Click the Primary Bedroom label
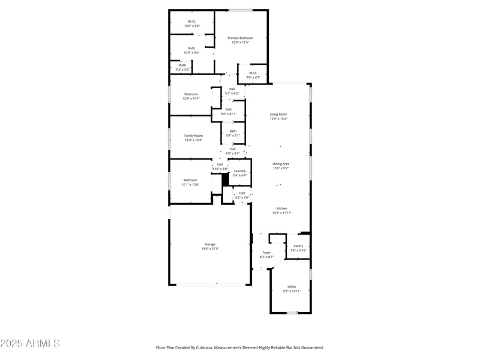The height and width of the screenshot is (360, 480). (240, 38)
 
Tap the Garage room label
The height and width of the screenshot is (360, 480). (210, 244)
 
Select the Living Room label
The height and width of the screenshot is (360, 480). (278, 114)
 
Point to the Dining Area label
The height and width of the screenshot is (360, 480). (281, 164)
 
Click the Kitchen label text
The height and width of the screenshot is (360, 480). (281, 208)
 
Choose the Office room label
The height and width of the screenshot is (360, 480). (292, 287)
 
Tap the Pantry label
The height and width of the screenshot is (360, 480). (298, 246)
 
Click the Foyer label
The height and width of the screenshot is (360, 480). (266, 253)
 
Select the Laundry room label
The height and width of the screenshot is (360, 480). (240, 171)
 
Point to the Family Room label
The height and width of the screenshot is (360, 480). (193, 136)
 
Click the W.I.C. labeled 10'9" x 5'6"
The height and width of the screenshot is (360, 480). (191, 22)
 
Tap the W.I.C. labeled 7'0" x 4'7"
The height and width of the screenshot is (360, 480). (253, 73)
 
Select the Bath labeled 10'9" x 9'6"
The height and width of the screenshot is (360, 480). (191, 48)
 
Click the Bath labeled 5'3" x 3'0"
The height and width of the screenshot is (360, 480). (182, 65)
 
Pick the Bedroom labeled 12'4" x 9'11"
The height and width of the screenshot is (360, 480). (191, 94)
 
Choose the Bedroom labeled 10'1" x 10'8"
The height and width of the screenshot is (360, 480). (190, 180)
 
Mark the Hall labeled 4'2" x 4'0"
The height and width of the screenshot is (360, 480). (242, 193)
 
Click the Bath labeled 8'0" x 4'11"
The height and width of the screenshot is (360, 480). (229, 109)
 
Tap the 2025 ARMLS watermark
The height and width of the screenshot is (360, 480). (30, 344)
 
